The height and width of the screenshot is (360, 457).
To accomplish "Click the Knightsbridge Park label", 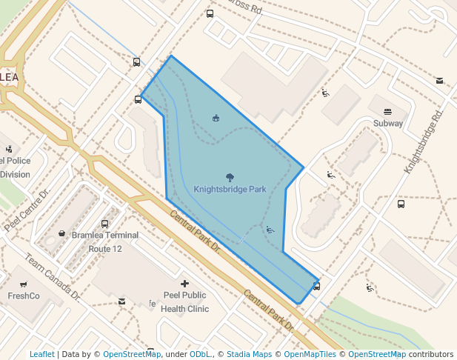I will coord(230,189).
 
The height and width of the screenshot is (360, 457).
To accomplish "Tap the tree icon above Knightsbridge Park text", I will coord(230,177).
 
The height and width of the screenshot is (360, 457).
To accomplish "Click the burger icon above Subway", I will coord(388,111).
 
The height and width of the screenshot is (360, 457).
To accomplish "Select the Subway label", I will coord(388,124).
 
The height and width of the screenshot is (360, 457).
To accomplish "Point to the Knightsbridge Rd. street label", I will coord(423,143).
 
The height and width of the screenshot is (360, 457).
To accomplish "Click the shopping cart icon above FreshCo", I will coord(24,283).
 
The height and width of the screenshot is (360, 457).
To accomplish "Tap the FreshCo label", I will coord(24,296).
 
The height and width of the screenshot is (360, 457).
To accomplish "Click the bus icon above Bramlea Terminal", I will coord(104,223).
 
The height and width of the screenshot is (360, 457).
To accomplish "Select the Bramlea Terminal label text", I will coord(104,236).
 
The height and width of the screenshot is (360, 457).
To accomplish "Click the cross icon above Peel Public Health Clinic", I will coord(184,283).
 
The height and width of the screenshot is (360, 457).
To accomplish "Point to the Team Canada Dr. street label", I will coord(51,277).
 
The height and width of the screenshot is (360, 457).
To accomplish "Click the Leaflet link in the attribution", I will coord(41,354).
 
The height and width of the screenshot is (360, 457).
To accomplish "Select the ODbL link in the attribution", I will coord(199,354).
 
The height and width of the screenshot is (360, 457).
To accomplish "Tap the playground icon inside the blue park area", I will coord(270,230).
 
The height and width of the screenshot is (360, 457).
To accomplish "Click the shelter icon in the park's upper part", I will coord(216,118).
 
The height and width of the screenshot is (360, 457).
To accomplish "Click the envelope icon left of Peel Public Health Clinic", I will coord(121,301).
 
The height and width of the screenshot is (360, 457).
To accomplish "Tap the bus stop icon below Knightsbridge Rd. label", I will coord(401,204).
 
